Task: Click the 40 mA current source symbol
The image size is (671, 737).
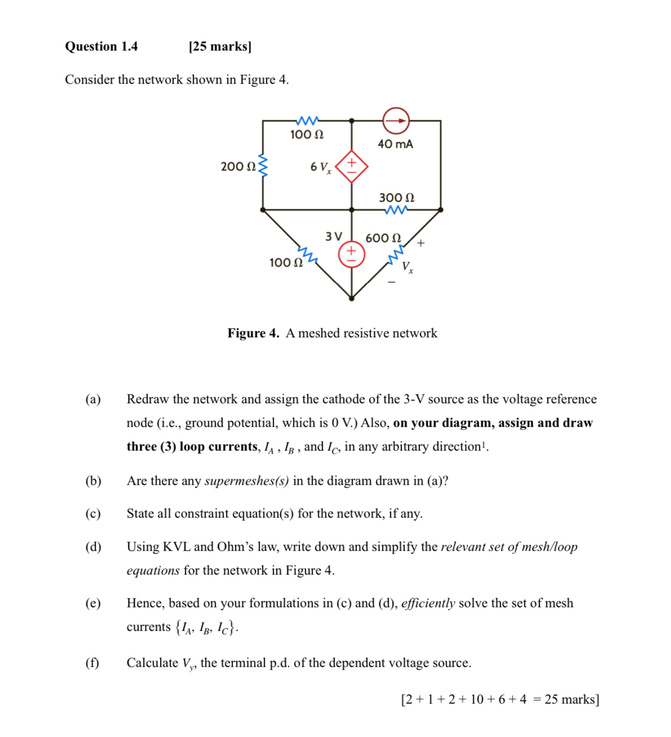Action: [396, 120]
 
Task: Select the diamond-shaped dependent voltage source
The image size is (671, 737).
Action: [352, 166]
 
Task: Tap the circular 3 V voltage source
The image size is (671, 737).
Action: [352, 255]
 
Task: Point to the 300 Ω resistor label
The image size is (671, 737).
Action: [396, 198]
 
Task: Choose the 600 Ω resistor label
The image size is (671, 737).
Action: [383, 238]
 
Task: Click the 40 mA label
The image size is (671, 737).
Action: [395, 144]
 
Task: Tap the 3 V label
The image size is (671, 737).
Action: [334, 237]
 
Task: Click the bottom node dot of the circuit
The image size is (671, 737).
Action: [352, 299]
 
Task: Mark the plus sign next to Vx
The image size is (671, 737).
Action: [421, 243]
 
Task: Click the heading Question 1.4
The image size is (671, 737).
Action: [101, 46]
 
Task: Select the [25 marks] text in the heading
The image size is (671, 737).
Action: [220, 46]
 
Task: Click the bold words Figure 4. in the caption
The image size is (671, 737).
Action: [253, 333]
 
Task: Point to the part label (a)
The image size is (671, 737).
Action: [93, 399]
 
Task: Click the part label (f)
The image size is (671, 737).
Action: [92, 663]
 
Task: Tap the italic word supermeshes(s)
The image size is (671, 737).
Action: [247, 481]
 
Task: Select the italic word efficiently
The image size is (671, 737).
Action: [428, 603]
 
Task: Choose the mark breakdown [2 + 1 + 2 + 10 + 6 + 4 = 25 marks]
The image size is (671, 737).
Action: [500, 699]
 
